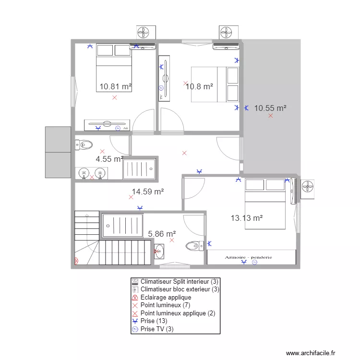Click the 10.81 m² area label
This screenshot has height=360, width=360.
tap(115, 87)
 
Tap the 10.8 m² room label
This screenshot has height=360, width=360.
tap(199, 87)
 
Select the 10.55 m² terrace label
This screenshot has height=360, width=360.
tap(270, 108)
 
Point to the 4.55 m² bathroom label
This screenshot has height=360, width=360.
tap(109, 159)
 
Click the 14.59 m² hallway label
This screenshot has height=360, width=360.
tap(148, 192)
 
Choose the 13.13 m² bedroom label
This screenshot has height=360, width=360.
tap(246, 218)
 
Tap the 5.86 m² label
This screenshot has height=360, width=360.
tap(162, 234)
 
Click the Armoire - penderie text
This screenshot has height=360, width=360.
tap(248, 257)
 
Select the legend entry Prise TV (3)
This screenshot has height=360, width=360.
tap(155, 330)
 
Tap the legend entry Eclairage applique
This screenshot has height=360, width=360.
tap(166, 298)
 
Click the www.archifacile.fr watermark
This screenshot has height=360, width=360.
tap(312, 353)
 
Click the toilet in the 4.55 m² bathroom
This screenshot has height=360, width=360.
tap(84, 144)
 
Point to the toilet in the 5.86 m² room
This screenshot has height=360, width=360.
tap(192, 246)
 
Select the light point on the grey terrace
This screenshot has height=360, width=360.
tap(271, 116)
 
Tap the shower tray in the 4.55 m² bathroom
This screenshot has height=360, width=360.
tap(139, 169)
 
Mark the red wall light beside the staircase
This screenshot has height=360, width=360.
tap(76, 261)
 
